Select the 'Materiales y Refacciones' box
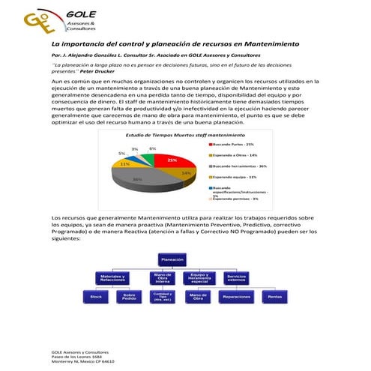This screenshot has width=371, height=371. point(112,277)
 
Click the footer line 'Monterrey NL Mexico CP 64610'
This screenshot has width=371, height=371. point(82,361)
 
